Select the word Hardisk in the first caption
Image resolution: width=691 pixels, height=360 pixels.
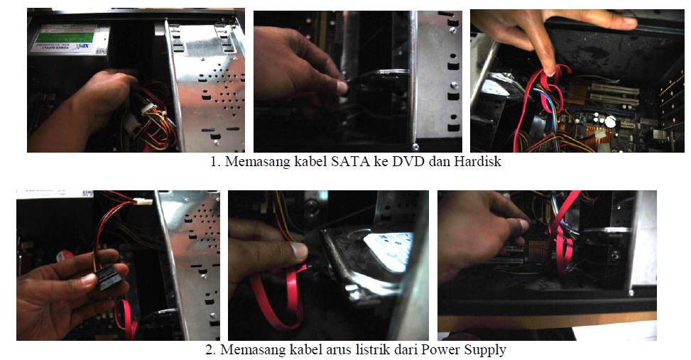[x=478, y=161]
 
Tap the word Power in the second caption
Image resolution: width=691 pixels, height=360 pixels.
[x=440, y=349]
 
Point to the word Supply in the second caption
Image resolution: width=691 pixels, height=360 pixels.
[x=486, y=350]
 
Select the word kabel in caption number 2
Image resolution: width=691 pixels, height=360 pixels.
[x=305, y=349]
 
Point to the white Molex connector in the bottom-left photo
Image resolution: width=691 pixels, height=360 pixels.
[x=143, y=202]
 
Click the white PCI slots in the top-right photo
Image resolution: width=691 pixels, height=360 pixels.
[x=615, y=94]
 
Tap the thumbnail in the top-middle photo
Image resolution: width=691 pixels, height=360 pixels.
[x=342, y=87]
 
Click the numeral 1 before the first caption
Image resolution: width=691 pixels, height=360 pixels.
[x=214, y=162]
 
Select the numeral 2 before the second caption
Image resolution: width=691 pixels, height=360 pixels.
[x=210, y=350]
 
